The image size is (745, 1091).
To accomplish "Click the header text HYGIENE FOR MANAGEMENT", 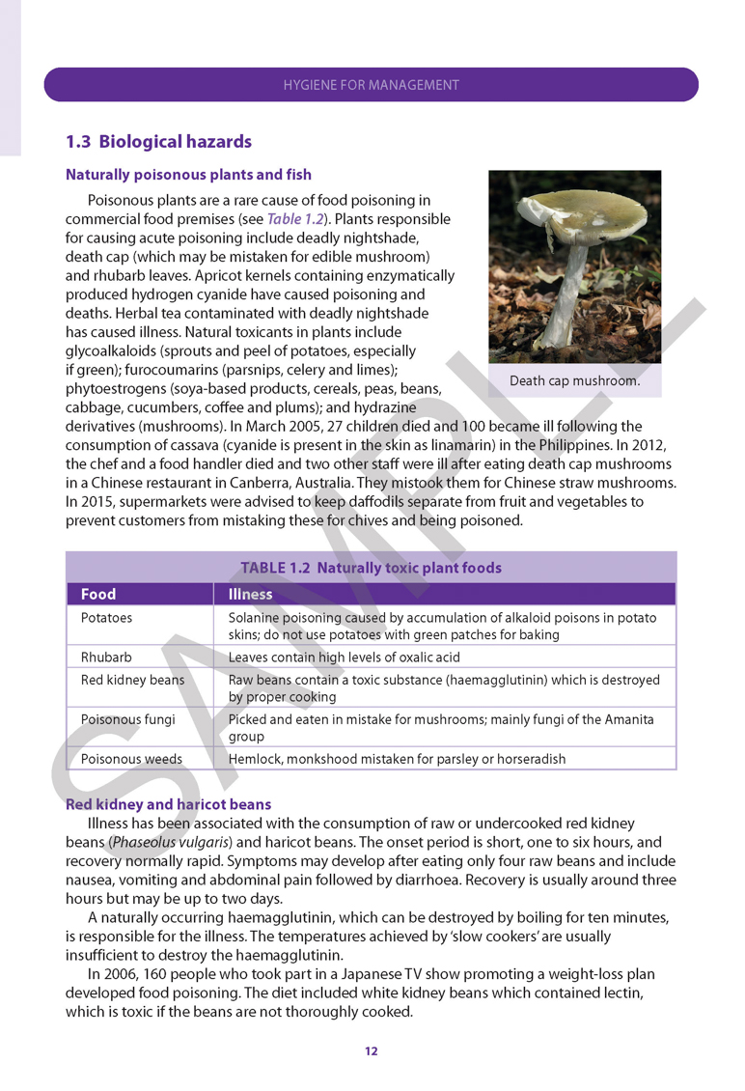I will pyautogui.click(x=372, y=85).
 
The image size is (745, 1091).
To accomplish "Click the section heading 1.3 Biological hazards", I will pyautogui.click(x=158, y=142).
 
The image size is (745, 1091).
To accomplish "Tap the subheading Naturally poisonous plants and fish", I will pyautogui.click(x=188, y=175).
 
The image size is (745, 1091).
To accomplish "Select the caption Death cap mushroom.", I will pyautogui.click(x=574, y=380).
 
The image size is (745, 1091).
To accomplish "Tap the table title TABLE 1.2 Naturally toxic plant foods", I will pyautogui.click(x=372, y=568).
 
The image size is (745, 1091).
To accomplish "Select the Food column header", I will pyautogui.click(x=98, y=595).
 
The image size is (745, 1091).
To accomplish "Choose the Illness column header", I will pyautogui.click(x=251, y=595).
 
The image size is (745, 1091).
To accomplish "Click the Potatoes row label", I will pyautogui.click(x=107, y=618).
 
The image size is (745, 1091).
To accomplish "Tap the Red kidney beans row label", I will pyautogui.click(x=132, y=680).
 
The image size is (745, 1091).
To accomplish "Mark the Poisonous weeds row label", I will pyautogui.click(x=131, y=759).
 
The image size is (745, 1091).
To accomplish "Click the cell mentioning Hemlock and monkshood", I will pyautogui.click(x=397, y=759).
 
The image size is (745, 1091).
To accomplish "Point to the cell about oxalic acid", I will pyautogui.click(x=345, y=657).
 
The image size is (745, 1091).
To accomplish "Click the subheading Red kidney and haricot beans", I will pyautogui.click(x=169, y=804).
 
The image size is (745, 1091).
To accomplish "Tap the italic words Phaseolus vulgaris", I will pyautogui.click(x=165, y=842).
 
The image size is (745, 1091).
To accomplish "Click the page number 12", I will pyautogui.click(x=372, y=1050).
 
